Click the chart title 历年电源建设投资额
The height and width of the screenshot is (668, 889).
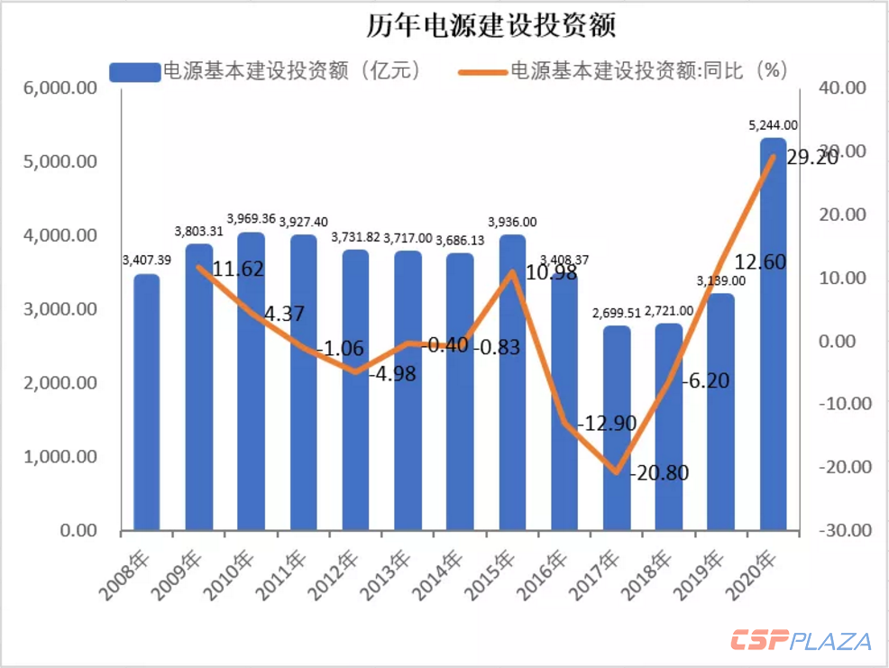pyautogui.click(x=490, y=25)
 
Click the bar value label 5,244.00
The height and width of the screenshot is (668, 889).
pyautogui.click(x=773, y=125)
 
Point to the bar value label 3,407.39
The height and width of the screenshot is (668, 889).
pyautogui.click(x=146, y=261)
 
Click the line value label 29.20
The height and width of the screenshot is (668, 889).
pyautogui.click(x=811, y=158)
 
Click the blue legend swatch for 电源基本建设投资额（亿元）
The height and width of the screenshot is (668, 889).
pyautogui.click(x=135, y=72)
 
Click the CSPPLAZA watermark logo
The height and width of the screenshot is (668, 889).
pyautogui.click(x=801, y=642)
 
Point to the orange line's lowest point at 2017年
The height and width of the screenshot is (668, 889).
pyautogui.click(x=617, y=472)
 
